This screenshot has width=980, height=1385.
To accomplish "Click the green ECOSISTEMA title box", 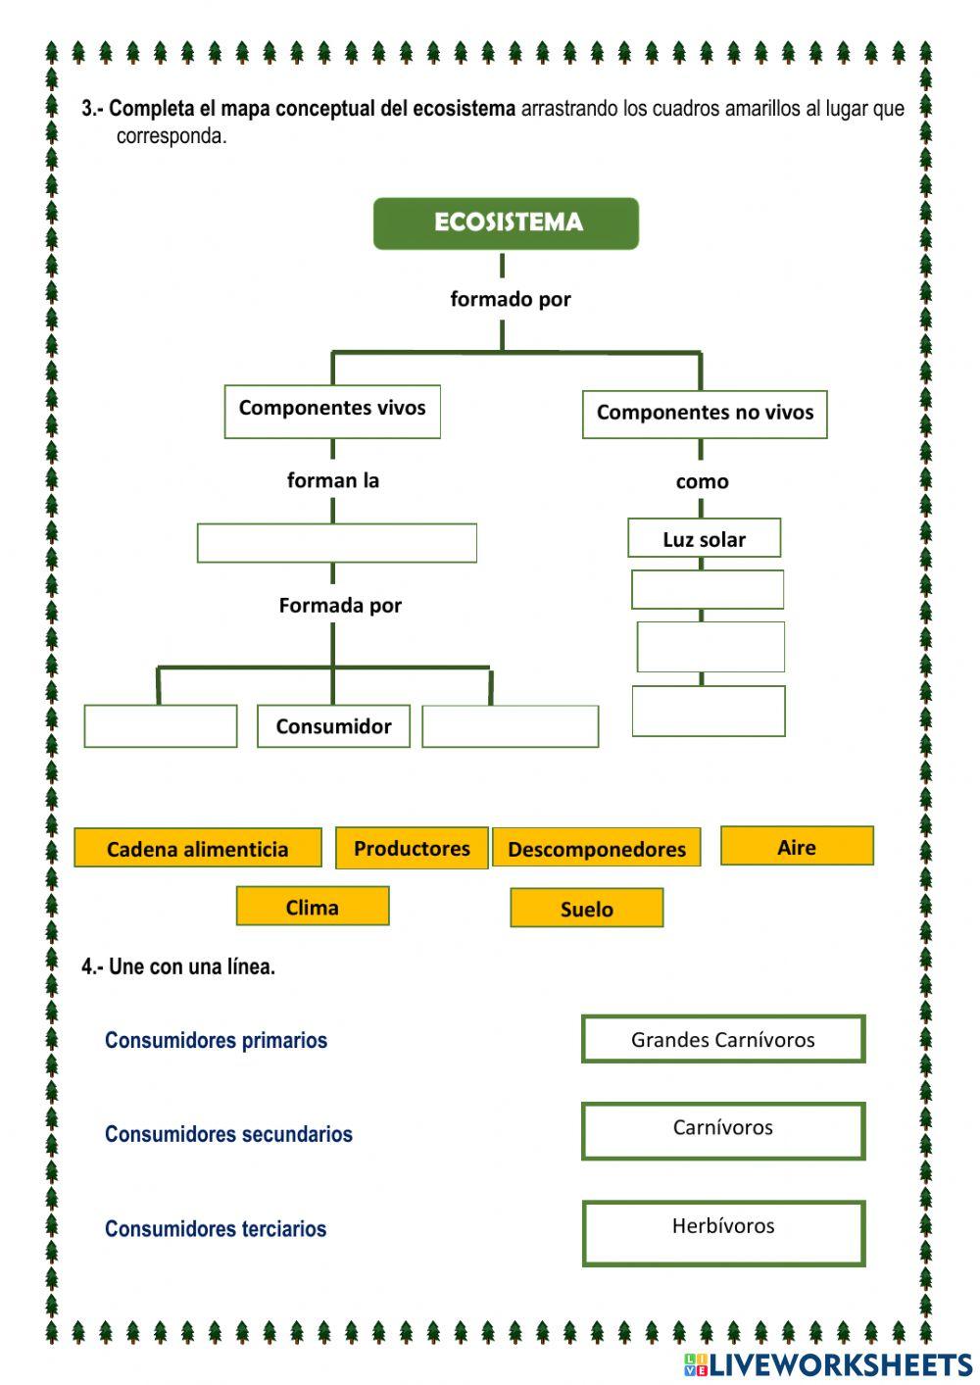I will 506,223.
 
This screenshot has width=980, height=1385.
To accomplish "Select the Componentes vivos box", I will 332,411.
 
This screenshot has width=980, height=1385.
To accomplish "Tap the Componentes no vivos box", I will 705,414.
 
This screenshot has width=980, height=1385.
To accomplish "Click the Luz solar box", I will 704,538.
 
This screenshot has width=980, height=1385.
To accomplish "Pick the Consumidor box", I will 333,726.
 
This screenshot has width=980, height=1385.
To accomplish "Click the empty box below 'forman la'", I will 336,543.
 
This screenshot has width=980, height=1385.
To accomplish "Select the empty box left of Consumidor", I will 161,726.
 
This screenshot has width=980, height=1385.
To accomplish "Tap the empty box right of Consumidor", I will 510,726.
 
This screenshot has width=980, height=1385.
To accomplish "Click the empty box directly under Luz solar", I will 707,590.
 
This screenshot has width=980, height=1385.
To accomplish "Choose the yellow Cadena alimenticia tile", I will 197,849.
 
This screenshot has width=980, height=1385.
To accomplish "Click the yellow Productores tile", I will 412,848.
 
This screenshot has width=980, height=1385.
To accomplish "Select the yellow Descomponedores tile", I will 596,849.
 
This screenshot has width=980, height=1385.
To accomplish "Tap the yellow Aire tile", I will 797,847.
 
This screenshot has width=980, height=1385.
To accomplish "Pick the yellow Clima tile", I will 313,907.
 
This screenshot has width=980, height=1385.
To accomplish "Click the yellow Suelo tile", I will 586,909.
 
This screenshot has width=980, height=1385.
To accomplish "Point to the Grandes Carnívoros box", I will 723,1040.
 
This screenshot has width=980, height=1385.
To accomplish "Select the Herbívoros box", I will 723,1233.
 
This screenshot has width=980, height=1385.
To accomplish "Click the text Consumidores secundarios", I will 228,1134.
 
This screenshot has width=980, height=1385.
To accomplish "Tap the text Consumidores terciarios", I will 216,1229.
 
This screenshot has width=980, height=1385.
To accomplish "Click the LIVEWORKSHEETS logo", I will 828,1364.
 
